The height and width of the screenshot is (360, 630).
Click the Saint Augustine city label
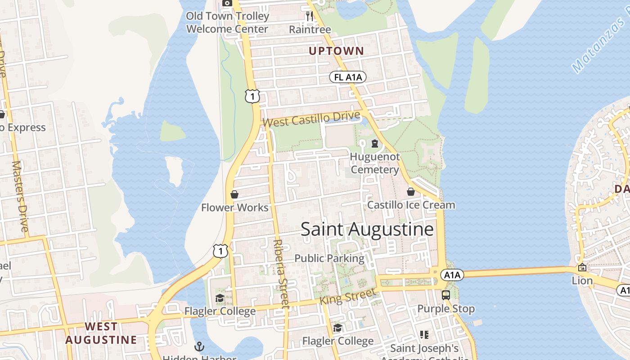367,229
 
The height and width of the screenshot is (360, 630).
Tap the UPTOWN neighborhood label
336,51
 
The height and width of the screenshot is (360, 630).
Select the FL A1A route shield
348,77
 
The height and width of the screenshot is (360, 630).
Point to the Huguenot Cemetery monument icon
374,144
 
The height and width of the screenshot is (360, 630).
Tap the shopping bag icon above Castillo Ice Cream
411,192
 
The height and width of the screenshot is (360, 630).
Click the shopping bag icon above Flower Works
234,194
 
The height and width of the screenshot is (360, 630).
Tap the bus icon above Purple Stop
446,295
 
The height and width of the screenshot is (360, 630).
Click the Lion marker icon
582,267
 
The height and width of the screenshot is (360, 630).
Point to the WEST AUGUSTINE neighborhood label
101,333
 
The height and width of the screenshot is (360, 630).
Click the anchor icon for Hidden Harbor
199,346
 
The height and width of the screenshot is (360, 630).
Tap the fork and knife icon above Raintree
310,16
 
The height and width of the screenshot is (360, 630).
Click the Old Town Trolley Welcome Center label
227,22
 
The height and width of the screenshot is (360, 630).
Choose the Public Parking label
329,258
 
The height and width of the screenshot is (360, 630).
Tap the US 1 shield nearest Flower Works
220,251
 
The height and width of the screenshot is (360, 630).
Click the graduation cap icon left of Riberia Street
220,298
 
